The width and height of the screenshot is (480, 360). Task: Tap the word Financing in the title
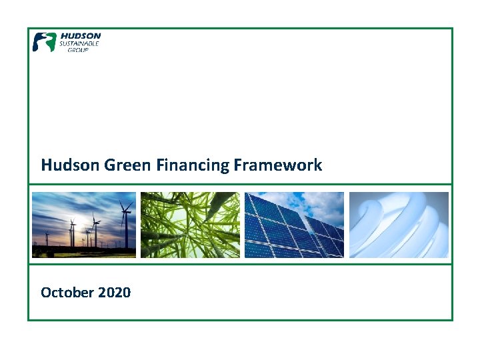click(192, 165)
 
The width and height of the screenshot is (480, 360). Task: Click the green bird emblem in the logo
click(45, 42)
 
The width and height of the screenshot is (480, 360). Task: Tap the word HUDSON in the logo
click(81, 36)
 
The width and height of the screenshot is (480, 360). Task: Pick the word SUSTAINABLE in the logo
click(80, 43)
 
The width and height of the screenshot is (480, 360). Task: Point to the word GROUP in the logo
click(78, 50)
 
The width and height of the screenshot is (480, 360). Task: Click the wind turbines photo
click(84, 225)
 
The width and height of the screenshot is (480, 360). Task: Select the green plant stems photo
click(190, 225)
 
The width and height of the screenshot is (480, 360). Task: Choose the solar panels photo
click(294, 225)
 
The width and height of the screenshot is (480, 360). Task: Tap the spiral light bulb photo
click(399, 225)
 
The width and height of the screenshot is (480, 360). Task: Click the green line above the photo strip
click(240, 184)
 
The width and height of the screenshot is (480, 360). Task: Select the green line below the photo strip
click(240, 264)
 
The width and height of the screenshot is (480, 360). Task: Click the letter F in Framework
click(238, 165)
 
